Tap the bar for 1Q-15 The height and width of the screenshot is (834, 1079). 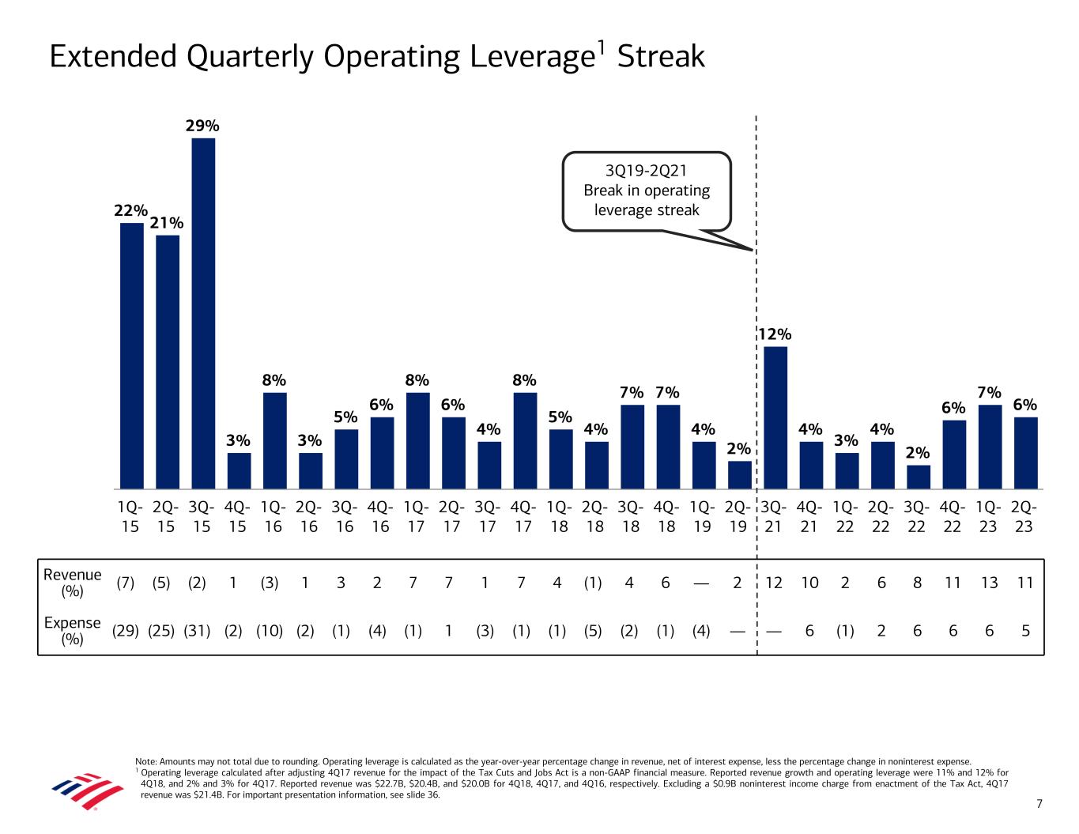click(131, 356)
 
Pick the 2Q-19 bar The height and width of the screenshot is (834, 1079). click(739, 475)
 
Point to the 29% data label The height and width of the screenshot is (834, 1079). click(202, 126)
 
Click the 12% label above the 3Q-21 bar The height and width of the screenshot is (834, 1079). click(775, 334)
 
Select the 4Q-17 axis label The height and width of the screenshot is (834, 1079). click(523, 515)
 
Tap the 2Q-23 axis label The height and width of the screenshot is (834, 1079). click(1024, 515)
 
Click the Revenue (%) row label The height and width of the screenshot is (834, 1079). click(73, 583)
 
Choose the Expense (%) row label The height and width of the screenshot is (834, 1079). click(73, 630)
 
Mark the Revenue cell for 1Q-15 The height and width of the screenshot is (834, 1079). click(126, 583)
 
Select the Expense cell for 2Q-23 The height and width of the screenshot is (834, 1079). click(1025, 631)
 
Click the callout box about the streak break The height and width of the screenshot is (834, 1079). click(646, 191)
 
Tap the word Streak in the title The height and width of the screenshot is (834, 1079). click(660, 57)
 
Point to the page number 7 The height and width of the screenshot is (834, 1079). click(1039, 804)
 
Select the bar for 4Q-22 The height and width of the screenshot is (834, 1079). click(954, 454)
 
